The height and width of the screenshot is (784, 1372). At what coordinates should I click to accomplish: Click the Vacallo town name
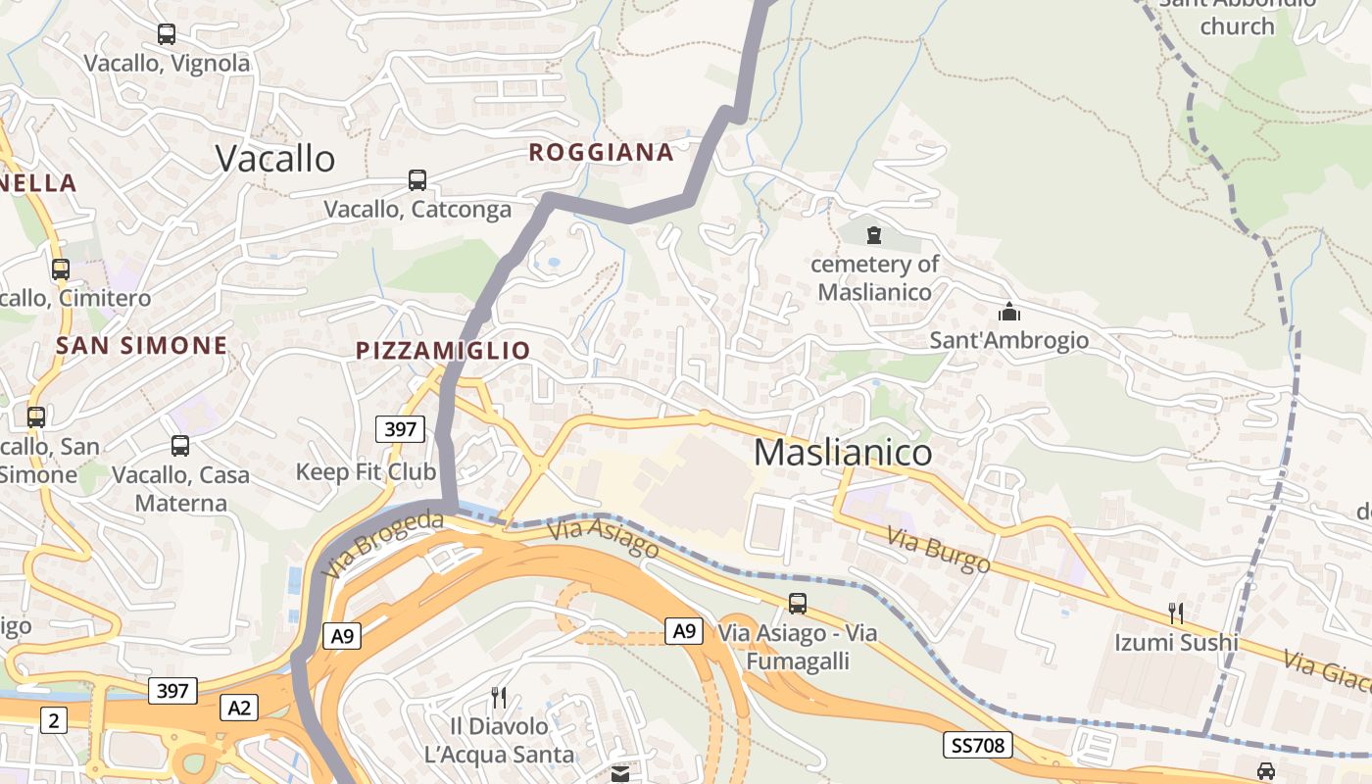pos(275,158)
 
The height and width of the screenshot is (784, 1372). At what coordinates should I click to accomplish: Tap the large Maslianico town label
pos(843,452)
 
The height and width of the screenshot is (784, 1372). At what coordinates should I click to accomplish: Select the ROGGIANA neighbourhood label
pos(601,152)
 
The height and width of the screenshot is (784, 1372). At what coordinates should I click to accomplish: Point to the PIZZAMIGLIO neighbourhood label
pos(443,350)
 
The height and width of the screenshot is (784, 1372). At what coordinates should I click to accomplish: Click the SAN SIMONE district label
pos(142,345)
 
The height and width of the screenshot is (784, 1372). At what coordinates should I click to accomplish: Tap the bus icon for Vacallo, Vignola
pos(167,34)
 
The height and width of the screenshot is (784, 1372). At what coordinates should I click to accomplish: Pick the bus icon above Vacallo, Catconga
pos(417,180)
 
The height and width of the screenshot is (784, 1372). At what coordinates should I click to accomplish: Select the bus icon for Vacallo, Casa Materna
pos(180,446)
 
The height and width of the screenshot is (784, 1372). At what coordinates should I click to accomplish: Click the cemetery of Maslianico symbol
pos(874,235)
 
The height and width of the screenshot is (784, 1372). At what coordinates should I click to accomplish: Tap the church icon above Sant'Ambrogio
pos(1008,313)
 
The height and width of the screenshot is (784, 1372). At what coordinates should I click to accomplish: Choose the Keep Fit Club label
pos(366,471)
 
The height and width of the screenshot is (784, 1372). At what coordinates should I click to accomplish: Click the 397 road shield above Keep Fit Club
pos(400,428)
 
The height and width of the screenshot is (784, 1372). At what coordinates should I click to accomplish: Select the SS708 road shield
pos(978,745)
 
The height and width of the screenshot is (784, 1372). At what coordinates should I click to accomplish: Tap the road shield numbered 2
pos(53,720)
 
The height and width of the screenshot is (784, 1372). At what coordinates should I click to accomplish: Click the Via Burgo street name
pos(939,550)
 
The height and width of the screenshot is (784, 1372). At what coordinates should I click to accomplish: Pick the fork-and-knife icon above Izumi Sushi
pos(1176,613)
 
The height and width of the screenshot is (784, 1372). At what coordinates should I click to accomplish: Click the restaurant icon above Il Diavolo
pos(499,697)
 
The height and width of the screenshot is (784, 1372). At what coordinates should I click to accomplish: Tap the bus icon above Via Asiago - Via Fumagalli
pos(798,604)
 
